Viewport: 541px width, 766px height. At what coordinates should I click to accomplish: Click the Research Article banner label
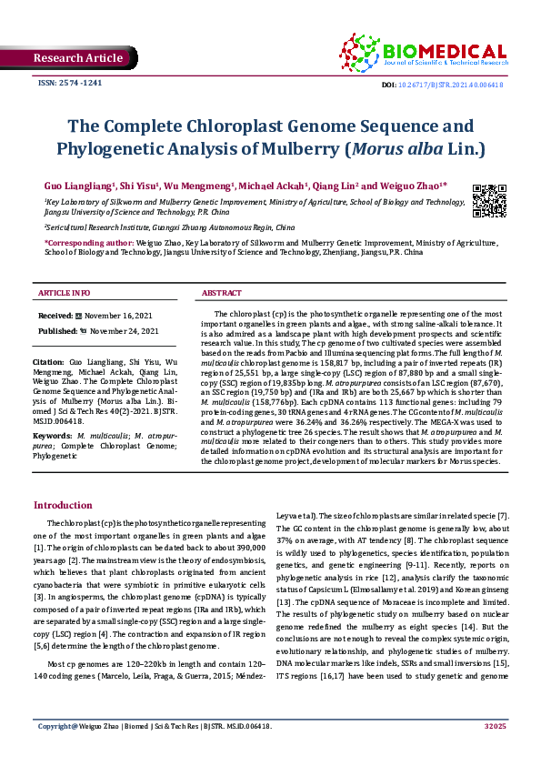pos(77,58)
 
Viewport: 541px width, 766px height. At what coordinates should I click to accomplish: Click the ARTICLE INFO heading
pos(64,293)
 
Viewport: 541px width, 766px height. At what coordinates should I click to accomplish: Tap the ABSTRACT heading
pos(221,293)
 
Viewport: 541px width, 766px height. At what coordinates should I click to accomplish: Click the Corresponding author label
pos(88,245)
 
